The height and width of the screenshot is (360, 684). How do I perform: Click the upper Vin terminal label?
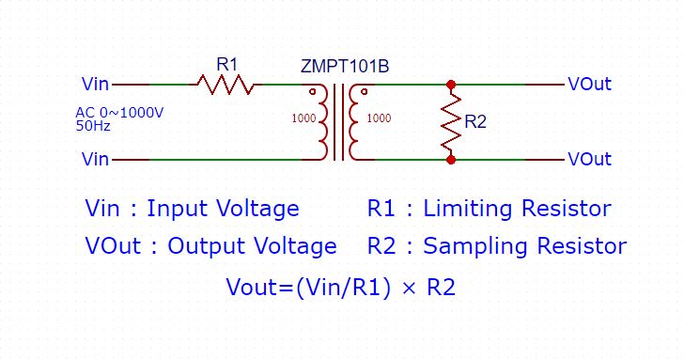pyautogui.click(x=96, y=85)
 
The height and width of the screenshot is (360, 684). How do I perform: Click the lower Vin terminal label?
pyautogui.click(x=96, y=160)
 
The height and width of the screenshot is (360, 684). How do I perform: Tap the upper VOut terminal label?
pyautogui.click(x=589, y=85)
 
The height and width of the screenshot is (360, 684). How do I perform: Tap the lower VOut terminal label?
pyautogui.click(x=589, y=160)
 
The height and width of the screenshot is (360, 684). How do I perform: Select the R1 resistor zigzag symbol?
pyautogui.click(x=225, y=85)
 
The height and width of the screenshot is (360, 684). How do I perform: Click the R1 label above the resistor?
pyautogui.click(x=227, y=64)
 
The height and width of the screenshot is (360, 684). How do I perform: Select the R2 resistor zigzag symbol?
pyautogui.click(x=451, y=122)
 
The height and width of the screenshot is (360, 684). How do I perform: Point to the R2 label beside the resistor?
pyautogui.click(x=475, y=122)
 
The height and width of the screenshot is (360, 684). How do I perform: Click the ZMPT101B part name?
pyautogui.click(x=345, y=67)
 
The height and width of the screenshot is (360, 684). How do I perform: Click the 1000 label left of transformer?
pyautogui.click(x=303, y=119)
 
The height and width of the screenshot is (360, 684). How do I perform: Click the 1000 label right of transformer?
pyautogui.click(x=380, y=119)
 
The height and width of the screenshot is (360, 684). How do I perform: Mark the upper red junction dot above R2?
pyautogui.click(x=451, y=85)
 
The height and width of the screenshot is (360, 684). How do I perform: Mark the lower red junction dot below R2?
pyautogui.click(x=451, y=160)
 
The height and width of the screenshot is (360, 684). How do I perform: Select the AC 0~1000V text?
pyautogui.click(x=119, y=113)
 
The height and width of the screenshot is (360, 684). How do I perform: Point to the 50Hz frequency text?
pyautogui.click(x=90, y=124)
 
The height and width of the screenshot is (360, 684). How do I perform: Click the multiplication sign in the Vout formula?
pyautogui.click(x=408, y=289)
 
